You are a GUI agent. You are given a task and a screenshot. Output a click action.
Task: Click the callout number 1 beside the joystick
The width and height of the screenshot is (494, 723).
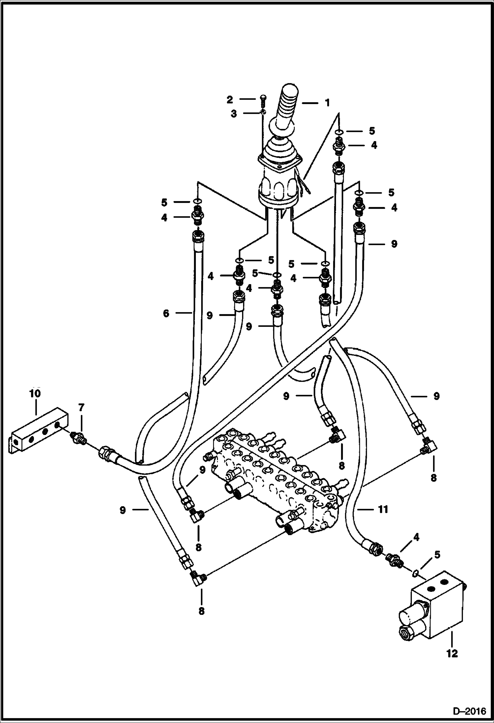click(327, 103)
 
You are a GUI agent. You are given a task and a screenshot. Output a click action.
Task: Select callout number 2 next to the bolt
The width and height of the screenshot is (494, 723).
click(230, 99)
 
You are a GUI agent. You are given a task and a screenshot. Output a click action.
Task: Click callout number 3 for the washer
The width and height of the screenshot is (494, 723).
click(234, 114)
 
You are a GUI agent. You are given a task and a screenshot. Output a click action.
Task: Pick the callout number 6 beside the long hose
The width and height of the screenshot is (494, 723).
click(166, 313)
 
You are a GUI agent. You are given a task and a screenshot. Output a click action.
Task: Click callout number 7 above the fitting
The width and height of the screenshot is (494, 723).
click(81, 408)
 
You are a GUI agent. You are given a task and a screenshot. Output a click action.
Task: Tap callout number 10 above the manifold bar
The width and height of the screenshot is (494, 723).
click(35, 393)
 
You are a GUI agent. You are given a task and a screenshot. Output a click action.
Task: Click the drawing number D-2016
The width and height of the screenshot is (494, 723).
click(470, 711)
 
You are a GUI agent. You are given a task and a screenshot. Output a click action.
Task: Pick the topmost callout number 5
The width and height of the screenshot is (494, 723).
click(372, 131)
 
